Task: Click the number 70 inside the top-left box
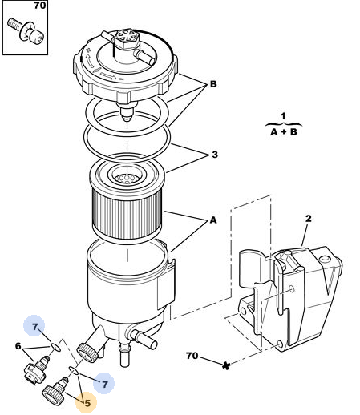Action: (39, 6)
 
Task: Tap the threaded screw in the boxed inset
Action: (26, 30)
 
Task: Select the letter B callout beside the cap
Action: (213, 84)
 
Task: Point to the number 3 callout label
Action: (215, 155)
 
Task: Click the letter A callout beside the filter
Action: (213, 220)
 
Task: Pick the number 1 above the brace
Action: (283, 116)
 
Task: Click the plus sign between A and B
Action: (284, 131)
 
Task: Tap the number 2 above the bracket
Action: (309, 219)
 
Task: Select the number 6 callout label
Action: (18, 346)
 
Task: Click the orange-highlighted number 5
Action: (87, 403)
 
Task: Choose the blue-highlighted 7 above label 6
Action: (34, 326)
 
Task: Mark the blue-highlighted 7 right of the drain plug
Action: (104, 385)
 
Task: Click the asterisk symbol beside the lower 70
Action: (226, 365)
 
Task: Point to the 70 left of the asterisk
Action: (192, 356)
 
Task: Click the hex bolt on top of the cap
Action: (126, 39)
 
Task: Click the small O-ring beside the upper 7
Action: (55, 347)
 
